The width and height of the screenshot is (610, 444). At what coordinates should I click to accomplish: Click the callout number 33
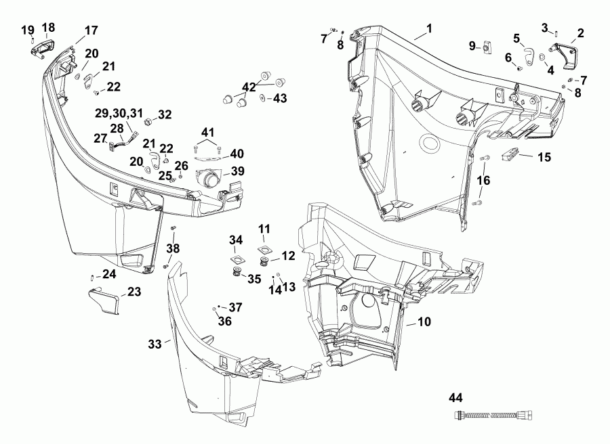155,344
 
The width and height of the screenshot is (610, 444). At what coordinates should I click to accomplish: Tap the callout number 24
109,274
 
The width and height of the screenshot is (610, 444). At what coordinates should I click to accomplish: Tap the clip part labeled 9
486,47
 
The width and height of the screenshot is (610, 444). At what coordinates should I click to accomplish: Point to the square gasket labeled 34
237,259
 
